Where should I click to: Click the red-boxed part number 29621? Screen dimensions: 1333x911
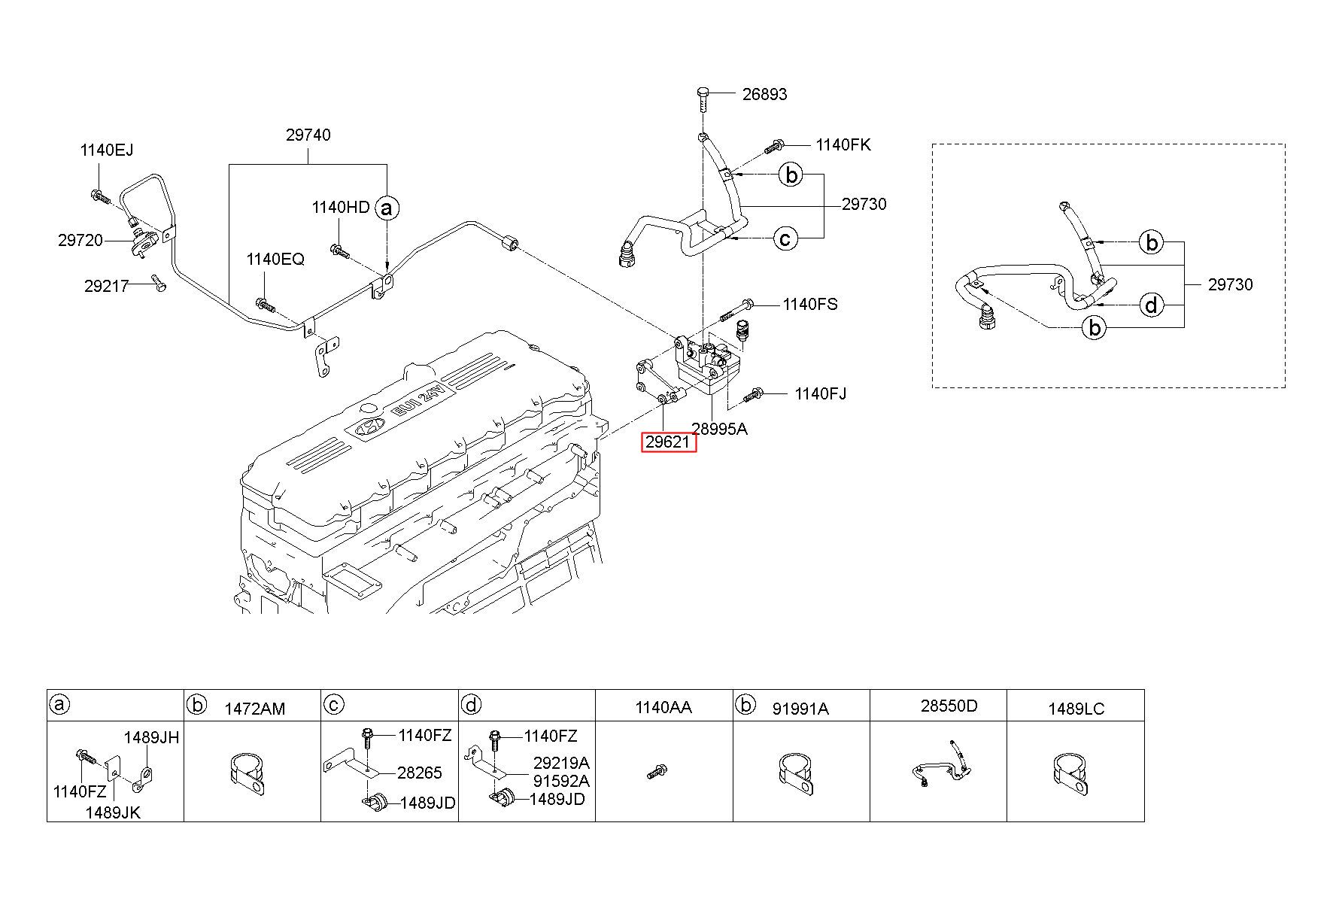[669, 442]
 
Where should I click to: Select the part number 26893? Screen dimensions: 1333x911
[764, 94]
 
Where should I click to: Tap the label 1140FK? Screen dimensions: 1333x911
[843, 144]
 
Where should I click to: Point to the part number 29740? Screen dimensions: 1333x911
[308, 135]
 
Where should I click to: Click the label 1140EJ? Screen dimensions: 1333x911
[107, 150]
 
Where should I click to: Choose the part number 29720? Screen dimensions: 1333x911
[80, 241]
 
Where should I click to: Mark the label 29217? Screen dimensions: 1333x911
[107, 286]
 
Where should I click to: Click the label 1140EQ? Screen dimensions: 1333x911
[275, 260]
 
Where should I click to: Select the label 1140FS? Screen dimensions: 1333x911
[810, 305]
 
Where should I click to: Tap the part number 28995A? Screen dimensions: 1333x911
[720, 430]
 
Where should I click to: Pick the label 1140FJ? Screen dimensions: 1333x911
[821, 393]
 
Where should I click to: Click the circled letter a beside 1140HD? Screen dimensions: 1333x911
[387, 208]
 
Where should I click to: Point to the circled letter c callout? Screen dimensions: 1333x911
[785, 239]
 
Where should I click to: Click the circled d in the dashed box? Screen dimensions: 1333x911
[1151, 305]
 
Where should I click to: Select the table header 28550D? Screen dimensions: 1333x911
[949, 706]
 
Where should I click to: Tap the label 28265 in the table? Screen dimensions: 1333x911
[420, 773]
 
